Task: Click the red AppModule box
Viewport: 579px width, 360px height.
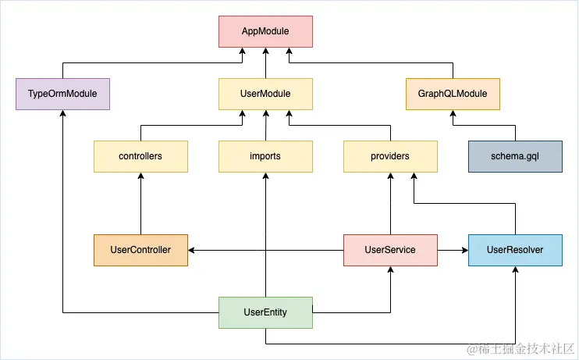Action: (265, 31)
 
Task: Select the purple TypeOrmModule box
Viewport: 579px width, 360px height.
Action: (62, 94)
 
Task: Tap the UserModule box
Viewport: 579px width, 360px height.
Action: (265, 94)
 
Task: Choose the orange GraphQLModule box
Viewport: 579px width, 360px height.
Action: (453, 94)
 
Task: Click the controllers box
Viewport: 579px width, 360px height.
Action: (140, 156)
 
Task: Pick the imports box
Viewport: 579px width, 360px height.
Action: (265, 156)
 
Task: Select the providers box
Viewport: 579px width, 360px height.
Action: (390, 156)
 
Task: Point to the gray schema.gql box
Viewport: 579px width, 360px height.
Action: (515, 156)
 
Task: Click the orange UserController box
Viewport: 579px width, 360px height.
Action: (140, 250)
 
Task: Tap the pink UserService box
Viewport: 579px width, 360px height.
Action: (390, 250)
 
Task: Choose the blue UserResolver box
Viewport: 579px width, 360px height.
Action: (515, 250)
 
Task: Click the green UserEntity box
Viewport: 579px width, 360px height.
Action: (265, 312)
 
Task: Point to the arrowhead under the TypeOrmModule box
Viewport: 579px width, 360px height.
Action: (62, 114)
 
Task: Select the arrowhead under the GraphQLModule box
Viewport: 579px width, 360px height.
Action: (453, 114)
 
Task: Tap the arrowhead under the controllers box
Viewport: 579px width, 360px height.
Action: (140, 176)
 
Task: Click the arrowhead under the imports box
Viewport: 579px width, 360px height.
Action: (265, 176)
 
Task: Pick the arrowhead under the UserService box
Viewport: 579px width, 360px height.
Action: (390, 270)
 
